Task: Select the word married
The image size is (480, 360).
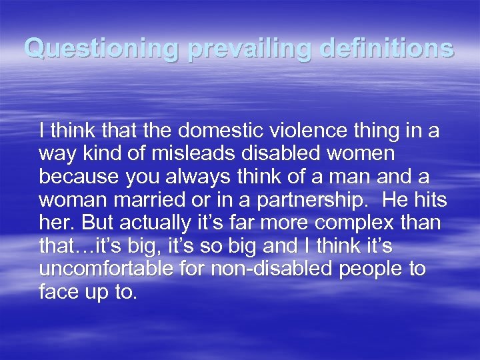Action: pos(152,200)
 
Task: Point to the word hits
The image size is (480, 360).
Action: pos(430,200)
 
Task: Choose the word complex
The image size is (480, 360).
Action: pos(358,223)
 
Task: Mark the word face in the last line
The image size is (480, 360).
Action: pos(59,292)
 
